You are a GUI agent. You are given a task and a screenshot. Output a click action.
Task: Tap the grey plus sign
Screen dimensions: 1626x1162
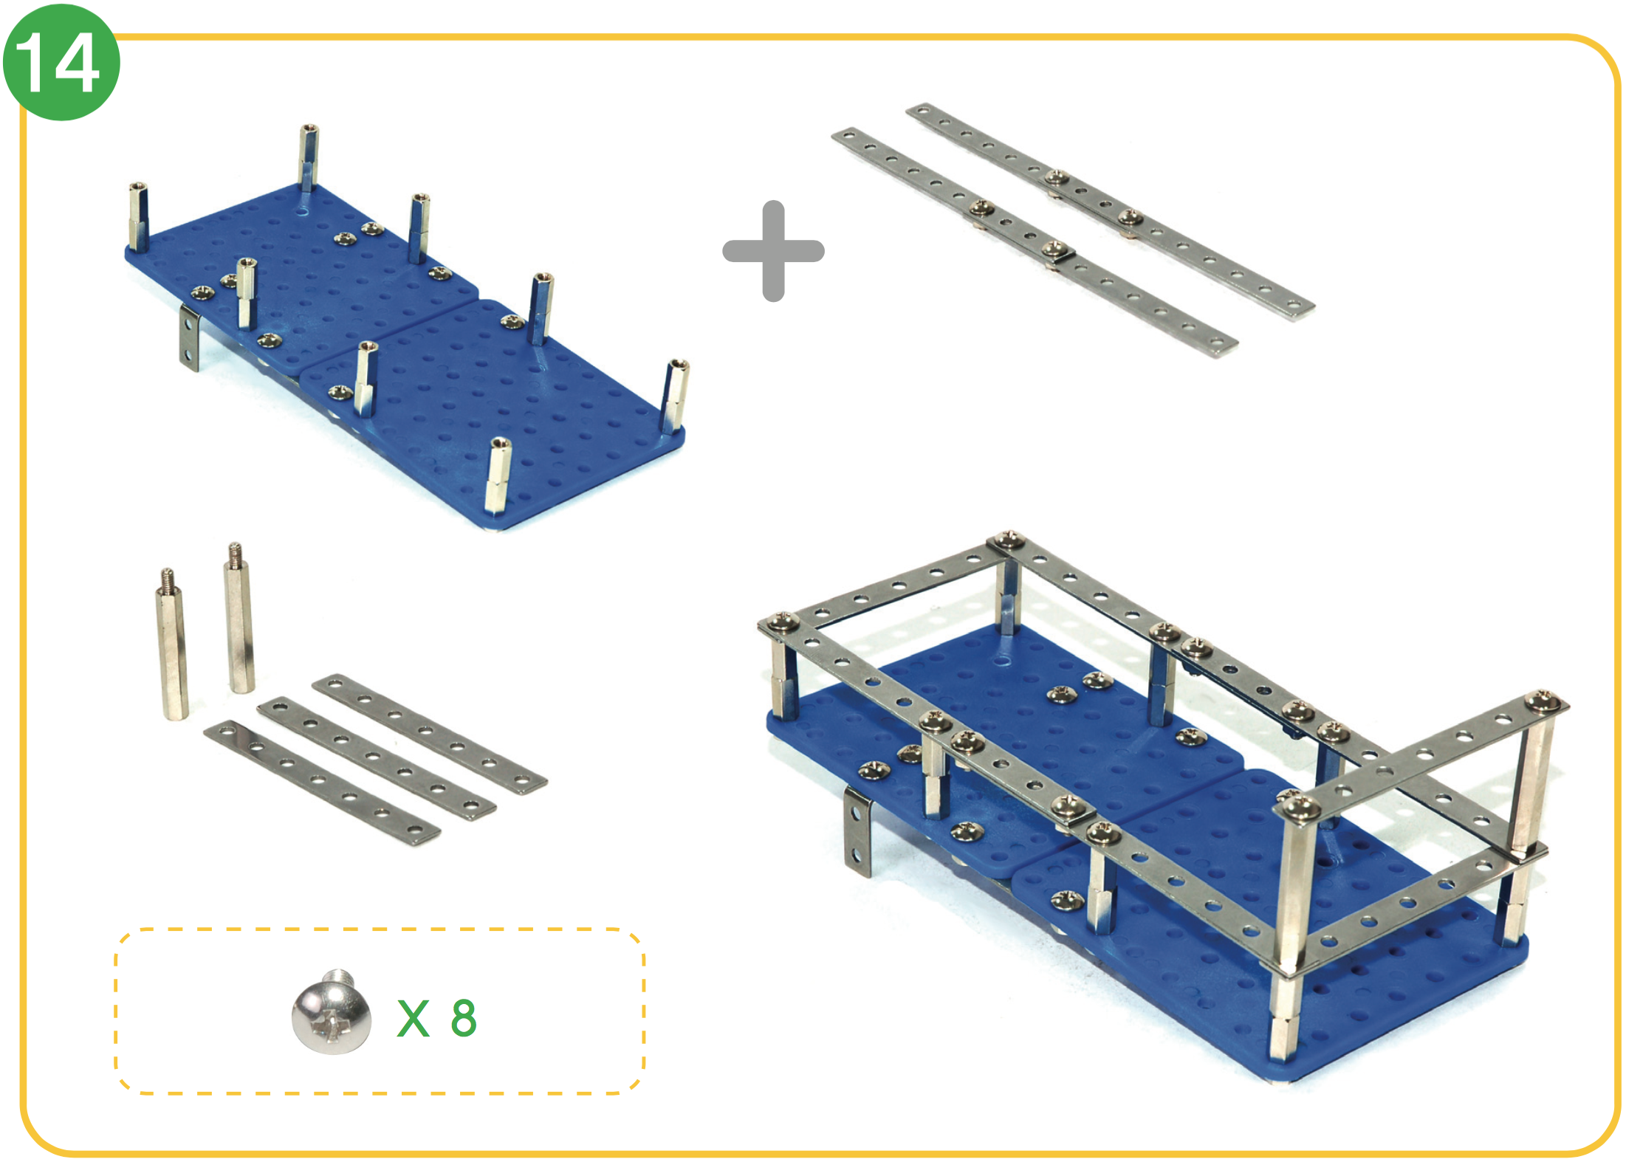tap(773, 251)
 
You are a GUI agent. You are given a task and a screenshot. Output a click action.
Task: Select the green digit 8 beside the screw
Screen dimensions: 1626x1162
tap(464, 1018)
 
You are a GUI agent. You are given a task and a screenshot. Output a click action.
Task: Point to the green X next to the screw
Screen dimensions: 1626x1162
tap(414, 1019)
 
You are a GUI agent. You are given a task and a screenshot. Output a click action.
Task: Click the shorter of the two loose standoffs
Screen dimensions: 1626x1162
tap(171, 643)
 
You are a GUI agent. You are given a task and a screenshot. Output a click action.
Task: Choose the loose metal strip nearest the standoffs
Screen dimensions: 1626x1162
tap(429, 734)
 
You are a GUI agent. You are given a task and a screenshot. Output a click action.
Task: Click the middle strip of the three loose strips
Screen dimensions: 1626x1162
tap(376, 758)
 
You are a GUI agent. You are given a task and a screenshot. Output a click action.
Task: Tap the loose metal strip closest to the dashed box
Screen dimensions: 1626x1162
tap(321, 783)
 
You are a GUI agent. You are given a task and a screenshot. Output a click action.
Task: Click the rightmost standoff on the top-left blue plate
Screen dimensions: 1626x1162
tap(676, 396)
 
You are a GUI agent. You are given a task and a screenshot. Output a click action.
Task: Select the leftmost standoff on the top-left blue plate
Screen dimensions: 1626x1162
tap(138, 217)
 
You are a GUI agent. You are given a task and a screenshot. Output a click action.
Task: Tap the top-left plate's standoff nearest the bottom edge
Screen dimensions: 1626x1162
tap(498, 475)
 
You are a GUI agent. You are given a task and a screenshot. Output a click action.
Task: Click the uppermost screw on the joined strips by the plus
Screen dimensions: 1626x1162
tap(1057, 177)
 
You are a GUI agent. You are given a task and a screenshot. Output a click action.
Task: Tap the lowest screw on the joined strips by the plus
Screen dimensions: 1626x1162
tap(1054, 248)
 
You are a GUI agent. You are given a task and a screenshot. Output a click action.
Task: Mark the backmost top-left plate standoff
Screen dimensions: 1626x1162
tap(309, 157)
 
